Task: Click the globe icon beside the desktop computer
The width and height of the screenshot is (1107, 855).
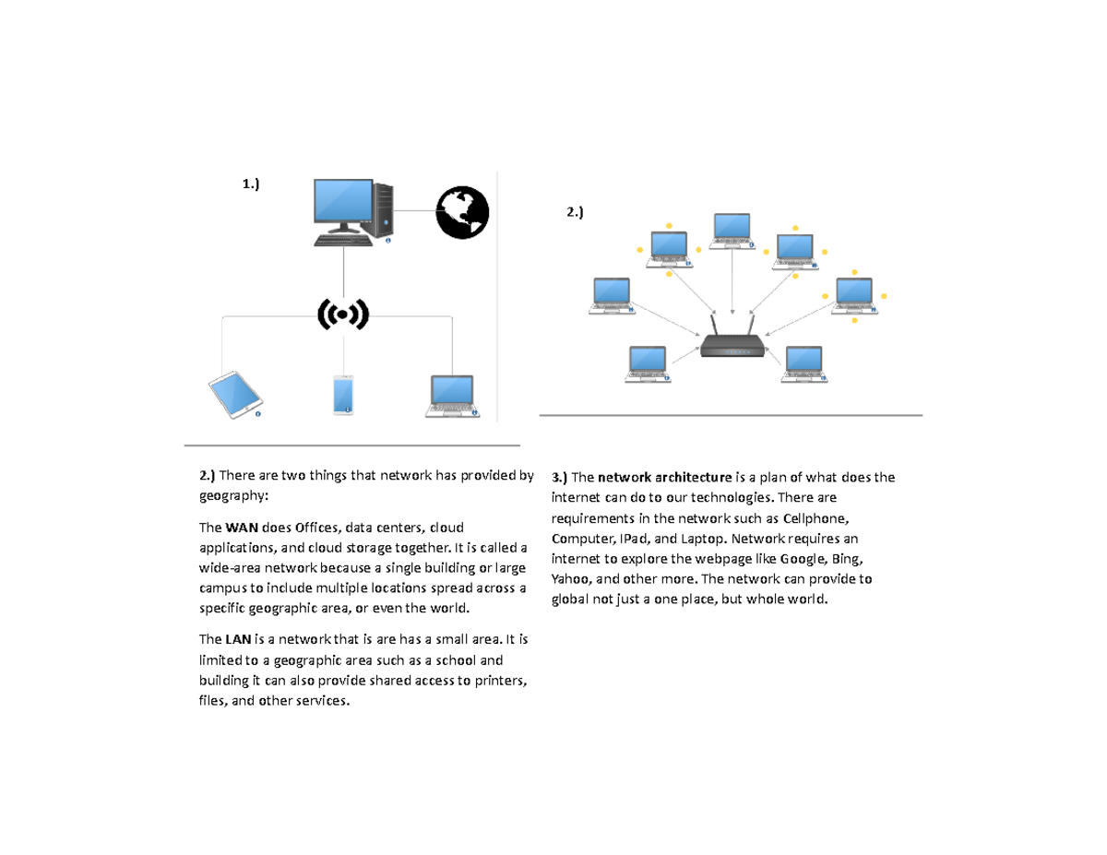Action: (462, 213)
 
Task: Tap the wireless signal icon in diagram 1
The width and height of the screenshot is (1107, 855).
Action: (343, 315)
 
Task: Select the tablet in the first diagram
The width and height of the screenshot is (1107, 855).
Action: (236, 395)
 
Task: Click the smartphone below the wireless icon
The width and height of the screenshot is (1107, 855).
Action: (343, 395)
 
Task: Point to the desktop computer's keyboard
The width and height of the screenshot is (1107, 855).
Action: (343, 240)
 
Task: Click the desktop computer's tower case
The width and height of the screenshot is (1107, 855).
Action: (384, 209)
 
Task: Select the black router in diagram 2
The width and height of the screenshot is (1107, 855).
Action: (732, 346)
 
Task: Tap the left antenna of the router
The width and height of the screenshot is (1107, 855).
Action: (714, 325)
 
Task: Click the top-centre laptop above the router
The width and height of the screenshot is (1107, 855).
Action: (732, 231)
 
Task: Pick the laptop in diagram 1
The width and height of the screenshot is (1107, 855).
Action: (453, 396)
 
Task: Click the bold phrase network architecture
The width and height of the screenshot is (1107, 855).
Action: (664, 478)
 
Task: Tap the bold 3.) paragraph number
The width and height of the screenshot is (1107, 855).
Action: (559, 478)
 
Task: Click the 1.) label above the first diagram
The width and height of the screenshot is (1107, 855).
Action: (251, 184)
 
